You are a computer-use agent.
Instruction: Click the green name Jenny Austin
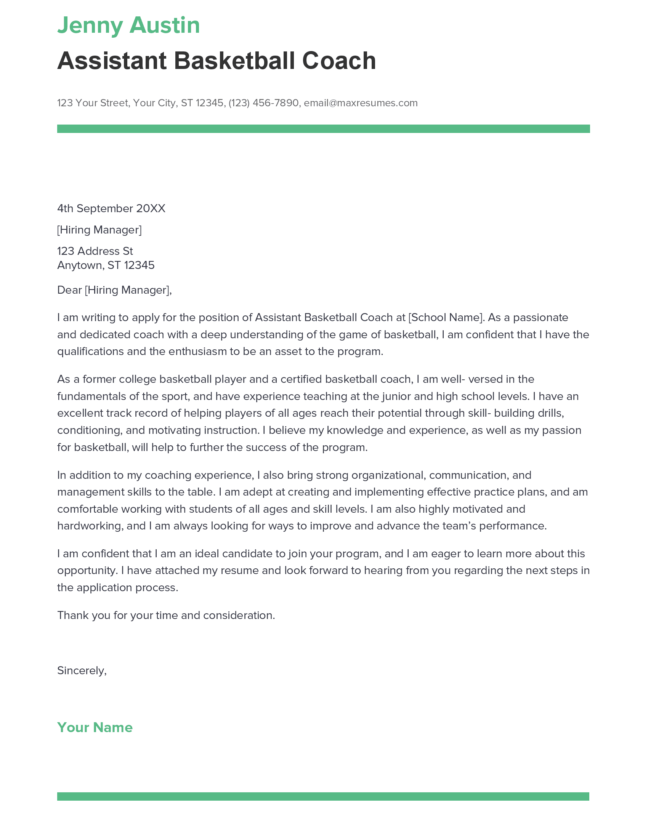click(128, 25)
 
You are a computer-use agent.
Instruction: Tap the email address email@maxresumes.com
click(361, 103)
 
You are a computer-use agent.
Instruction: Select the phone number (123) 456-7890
click(263, 103)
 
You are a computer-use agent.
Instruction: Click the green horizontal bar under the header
click(323, 128)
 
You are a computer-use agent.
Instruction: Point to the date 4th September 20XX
click(111, 208)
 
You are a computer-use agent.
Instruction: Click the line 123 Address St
click(95, 251)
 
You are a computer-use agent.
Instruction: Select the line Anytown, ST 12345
click(106, 265)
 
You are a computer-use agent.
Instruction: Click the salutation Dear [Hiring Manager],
click(114, 290)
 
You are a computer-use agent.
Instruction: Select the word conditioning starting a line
click(89, 430)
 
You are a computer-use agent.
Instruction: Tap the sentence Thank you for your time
click(166, 615)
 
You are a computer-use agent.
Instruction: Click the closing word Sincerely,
click(82, 670)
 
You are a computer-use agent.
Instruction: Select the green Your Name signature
click(95, 728)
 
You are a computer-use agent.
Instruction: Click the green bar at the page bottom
click(323, 796)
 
